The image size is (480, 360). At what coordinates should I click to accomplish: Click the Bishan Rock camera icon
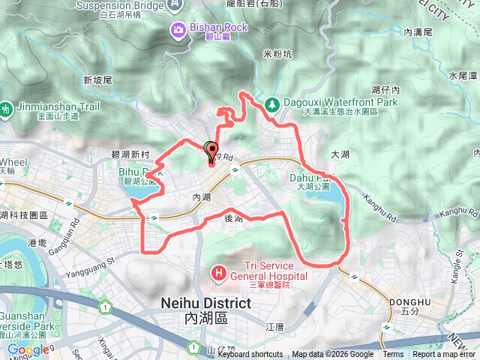click(x=178, y=29)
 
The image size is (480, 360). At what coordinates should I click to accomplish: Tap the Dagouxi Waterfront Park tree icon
click(x=271, y=103)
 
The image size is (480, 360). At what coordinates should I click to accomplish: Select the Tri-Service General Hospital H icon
click(x=220, y=271)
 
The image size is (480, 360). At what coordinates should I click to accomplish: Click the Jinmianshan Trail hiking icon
click(x=7, y=109)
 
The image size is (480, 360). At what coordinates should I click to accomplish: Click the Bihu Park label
click(x=135, y=172)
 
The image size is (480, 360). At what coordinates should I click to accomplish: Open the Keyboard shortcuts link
click(x=250, y=355)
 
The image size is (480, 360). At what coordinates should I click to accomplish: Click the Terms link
click(x=393, y=355)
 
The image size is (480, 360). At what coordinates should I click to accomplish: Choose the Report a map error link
click(x=445, y=355)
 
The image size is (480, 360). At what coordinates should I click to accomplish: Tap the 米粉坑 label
click(x=277, y=54)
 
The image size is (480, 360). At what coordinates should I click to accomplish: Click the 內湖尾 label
click(x=418, y=32)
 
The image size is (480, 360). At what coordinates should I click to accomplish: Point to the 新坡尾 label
click(x=97, y=80)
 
